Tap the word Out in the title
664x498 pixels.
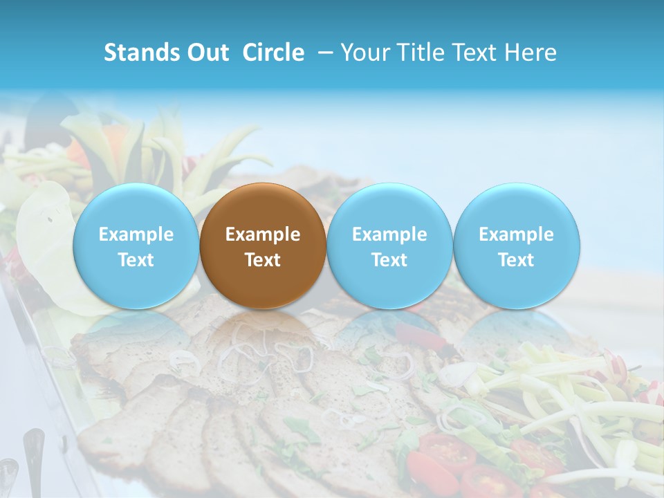click(x=207, y=53)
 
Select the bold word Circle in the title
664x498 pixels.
click(x=273, y=53)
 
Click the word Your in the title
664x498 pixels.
click(x=363, y=53)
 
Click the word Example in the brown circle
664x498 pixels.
click(x=263, y=234)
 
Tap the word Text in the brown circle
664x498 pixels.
click(x=263, y=260)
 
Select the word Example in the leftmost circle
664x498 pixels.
click(x=136, y=234)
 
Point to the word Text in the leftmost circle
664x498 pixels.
click(x=136, y=260)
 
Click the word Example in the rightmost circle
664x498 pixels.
click(x=517, y=234)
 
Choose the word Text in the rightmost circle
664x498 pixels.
click(x=517, y=260)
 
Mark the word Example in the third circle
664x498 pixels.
click(x=389, y=234)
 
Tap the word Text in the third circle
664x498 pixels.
click(x=389, y=260)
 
